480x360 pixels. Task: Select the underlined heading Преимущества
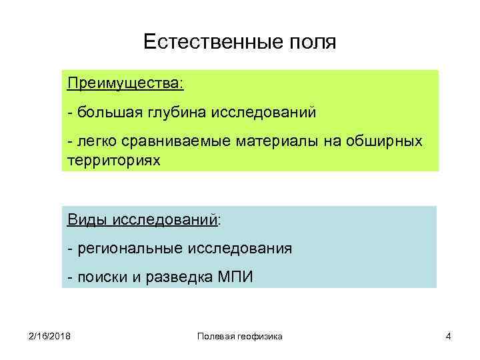125,85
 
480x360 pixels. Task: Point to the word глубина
178,113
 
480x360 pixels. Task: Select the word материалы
271,142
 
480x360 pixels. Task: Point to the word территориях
114,161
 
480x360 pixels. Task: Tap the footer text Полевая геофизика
240,337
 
